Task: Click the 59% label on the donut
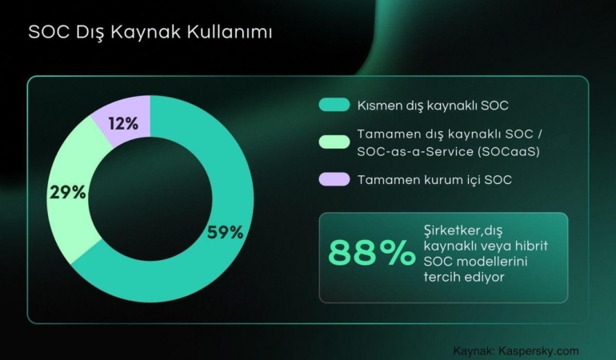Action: (x=225, y=233)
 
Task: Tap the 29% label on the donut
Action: (x=68, y=192)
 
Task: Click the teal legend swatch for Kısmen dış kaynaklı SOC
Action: (x=334, y=105)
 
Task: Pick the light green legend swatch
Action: (x=334, y=142)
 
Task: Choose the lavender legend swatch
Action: (x=334, y=179)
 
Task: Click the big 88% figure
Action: (x=367, y=254)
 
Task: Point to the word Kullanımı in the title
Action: (x=234, y=33)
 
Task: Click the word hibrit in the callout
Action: (x=531, y=244)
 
